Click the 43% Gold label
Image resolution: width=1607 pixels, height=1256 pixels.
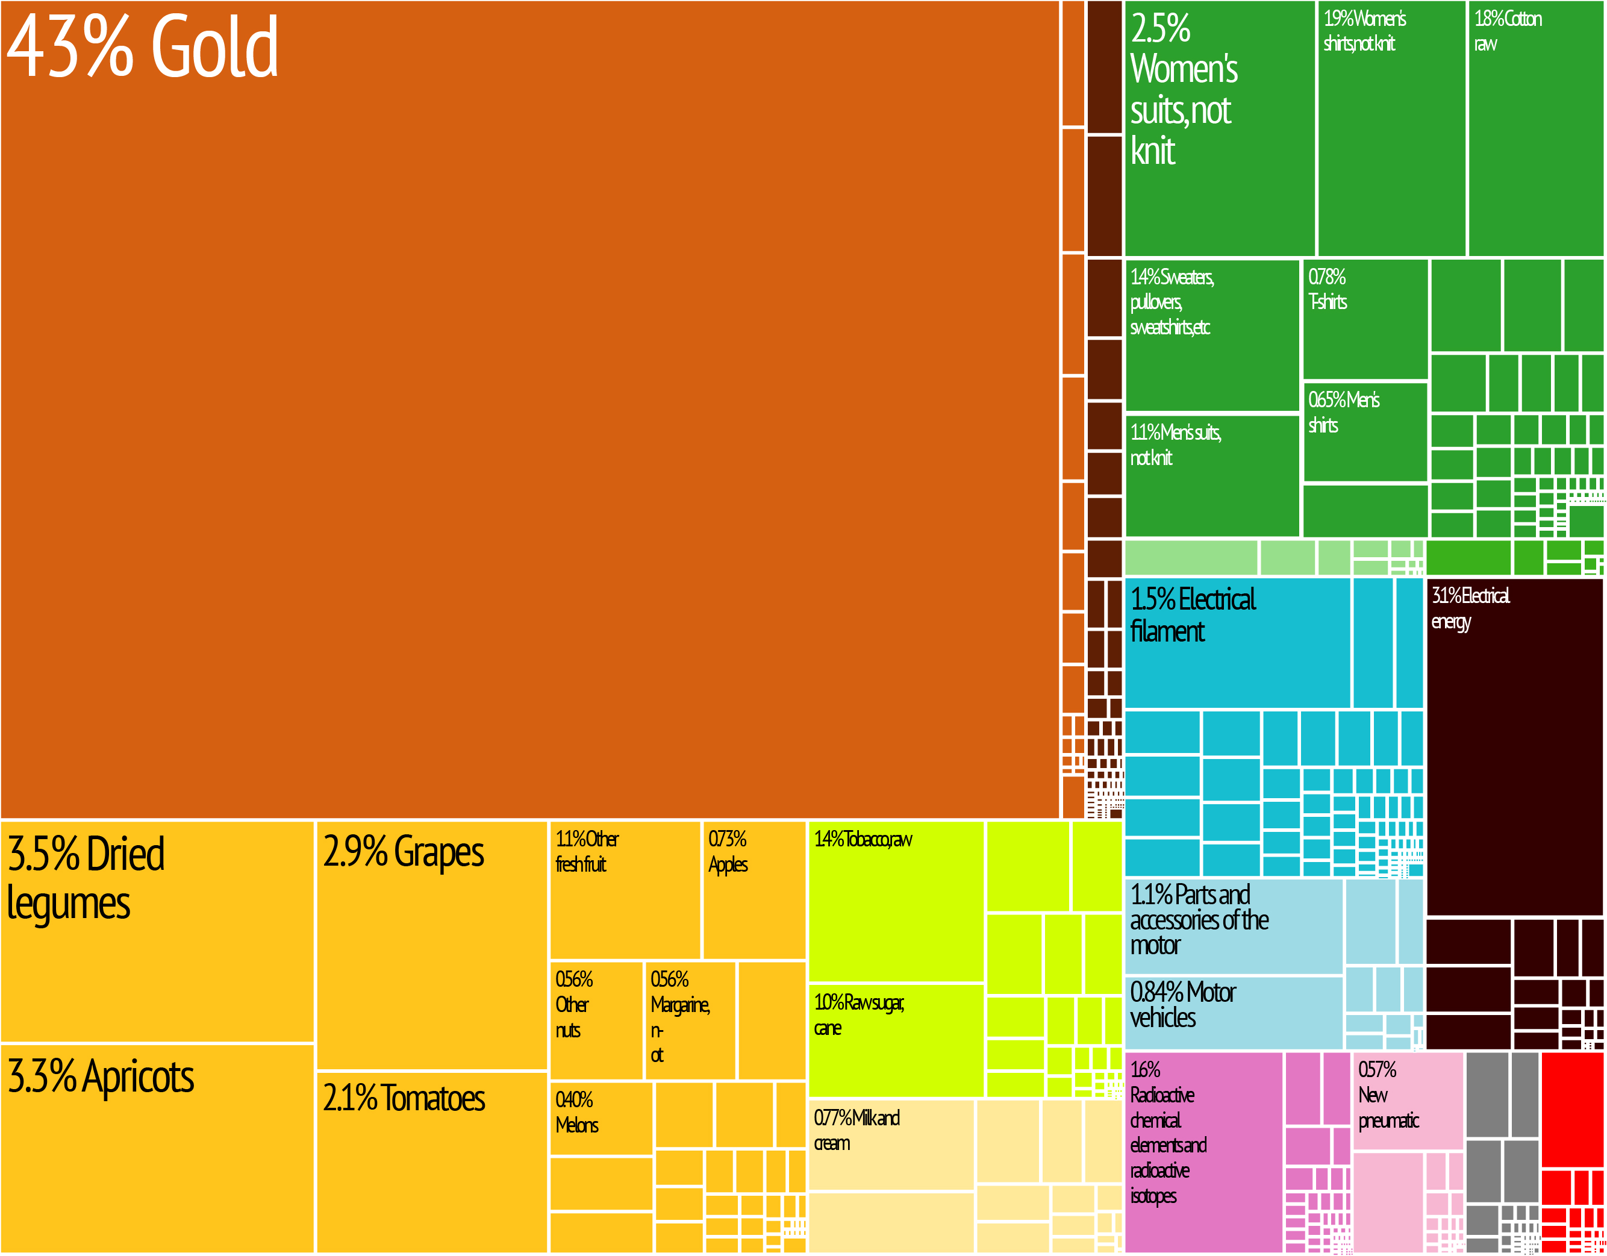[142, 46]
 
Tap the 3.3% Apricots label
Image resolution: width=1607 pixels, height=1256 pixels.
[101, 1076]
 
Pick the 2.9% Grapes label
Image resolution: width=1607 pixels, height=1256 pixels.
[403, 852]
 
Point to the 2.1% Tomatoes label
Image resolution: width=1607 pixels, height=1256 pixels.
[404, 1098]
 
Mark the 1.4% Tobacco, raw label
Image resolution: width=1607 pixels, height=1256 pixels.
[863, 840]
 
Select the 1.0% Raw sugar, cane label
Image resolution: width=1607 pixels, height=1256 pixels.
[859, 1014]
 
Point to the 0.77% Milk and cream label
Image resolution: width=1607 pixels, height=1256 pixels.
[856, 1130]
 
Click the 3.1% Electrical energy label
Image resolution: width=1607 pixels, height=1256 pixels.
[1470, 608]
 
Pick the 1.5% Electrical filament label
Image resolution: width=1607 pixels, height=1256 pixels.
[1192, 615]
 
